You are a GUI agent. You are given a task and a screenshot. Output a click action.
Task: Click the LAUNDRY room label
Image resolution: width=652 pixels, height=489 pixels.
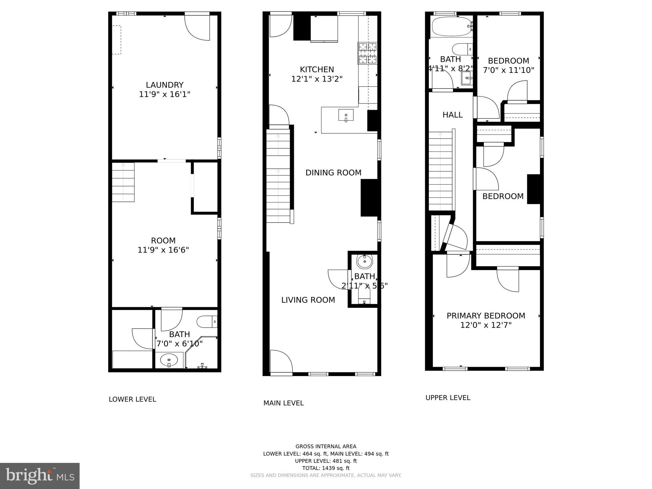[x=165, y=85]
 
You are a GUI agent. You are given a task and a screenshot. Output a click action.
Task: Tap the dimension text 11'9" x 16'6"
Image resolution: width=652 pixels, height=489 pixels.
[x=163, y=250]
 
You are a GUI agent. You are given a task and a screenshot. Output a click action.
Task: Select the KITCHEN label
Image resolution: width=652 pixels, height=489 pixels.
[x=317, y=69]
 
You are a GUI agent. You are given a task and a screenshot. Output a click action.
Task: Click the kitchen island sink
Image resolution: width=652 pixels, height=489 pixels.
[x=346, y=115]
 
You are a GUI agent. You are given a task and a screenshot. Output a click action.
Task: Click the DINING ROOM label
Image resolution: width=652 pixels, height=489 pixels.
[x=333, y=173]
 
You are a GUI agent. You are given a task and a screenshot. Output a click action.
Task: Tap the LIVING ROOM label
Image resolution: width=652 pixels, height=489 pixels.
[x=308, y=300]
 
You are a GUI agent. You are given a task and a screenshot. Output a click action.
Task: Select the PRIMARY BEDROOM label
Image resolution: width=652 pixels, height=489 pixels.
[x=485, y=316]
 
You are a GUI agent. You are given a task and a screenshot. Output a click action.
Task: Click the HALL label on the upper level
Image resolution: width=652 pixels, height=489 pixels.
[x=452, y=115]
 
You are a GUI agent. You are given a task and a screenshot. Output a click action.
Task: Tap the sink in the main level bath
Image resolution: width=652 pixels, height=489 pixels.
[x=364, y=262]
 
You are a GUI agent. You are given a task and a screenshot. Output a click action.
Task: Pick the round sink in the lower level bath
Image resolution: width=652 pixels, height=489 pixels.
[x=169, y=360]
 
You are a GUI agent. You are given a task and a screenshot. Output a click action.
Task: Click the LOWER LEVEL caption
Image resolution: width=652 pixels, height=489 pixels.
[x=132, y=399]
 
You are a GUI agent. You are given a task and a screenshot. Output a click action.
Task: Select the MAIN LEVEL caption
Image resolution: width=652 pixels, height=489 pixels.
[x=283, y=403]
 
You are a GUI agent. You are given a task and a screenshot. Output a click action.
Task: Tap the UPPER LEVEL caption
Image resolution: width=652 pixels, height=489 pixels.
[x=448, y=398]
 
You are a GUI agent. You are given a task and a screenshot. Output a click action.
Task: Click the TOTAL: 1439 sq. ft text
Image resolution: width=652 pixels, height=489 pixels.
[x=326, y=468]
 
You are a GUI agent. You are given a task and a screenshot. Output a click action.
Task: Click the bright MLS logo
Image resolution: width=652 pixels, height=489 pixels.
[x=40, y=476]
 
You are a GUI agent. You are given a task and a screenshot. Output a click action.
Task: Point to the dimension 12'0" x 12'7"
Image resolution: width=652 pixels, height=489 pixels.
[x=485, y=325]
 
